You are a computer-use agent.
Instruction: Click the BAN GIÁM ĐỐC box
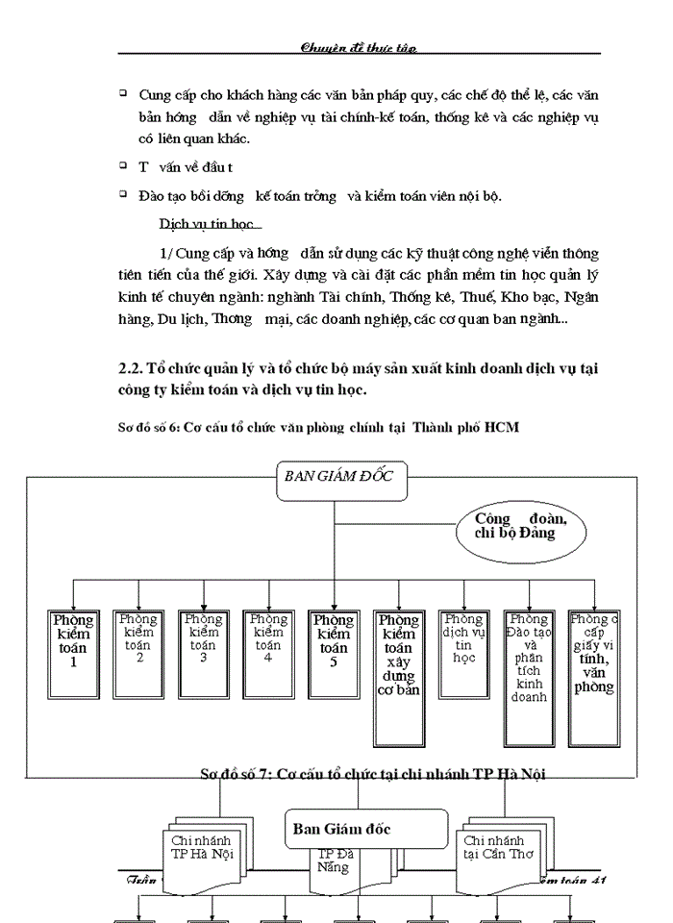click(x=340, y=481)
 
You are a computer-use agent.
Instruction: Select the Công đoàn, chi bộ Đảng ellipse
click(x=520, y=528)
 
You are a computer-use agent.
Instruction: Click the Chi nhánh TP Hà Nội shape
click(x=202, y=847)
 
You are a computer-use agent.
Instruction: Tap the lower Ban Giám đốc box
click(x=366, y=829)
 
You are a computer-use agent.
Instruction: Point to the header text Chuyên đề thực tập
click(x=359, y=46)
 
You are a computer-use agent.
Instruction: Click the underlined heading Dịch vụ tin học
click(x=206, y=224)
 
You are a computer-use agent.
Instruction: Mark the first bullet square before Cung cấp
click(x=123, y=92)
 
